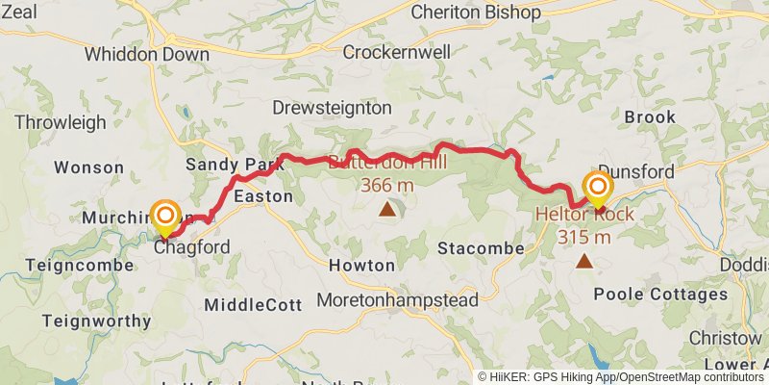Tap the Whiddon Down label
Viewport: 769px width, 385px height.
click(146, 54)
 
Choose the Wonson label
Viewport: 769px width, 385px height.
click(88, 167)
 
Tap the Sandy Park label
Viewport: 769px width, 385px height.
click(236, 164)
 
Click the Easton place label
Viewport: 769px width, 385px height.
click(262, 195)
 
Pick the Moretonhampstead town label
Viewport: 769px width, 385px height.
click(398, 300)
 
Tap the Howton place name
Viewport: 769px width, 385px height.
click(361, 265)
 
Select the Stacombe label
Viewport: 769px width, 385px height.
click(481, 248)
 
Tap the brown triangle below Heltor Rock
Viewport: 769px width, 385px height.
click(584, 261)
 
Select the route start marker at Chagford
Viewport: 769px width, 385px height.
click(165, 217)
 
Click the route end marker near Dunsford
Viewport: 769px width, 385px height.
click(598, 189)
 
